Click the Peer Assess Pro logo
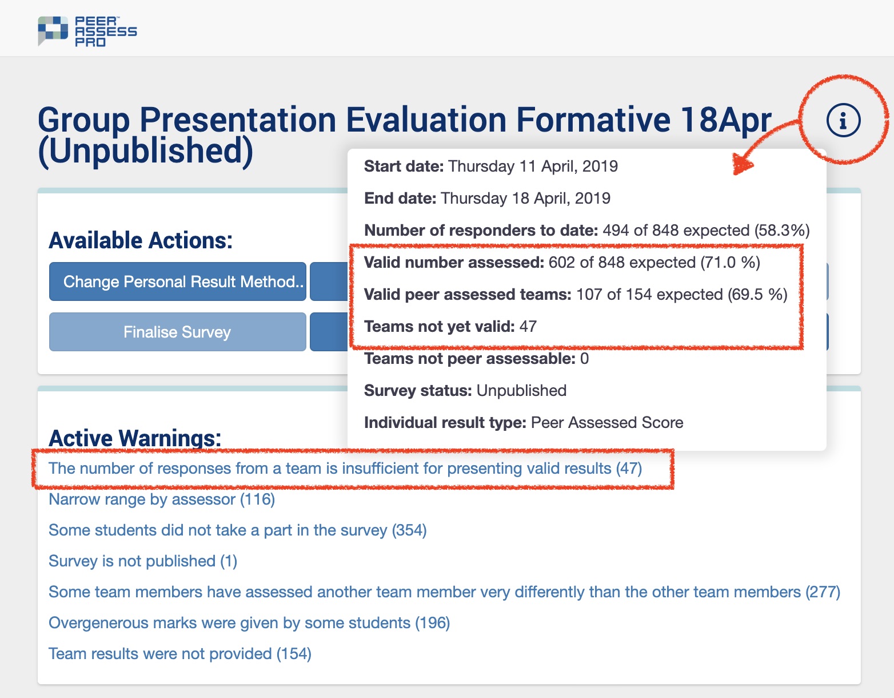(87, 31)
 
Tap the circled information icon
(843, 120)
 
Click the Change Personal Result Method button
(177, 281)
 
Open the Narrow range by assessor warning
(162, 499)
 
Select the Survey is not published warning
(143, 561)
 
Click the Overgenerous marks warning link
(249, 622)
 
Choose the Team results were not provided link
(180, 653)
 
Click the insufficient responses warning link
(345, 468)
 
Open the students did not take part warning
(237, 530)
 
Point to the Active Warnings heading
(135, 437)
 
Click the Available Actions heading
(141, 240)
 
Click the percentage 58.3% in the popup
(782, 230)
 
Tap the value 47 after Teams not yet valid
(528, 327)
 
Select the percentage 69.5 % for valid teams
(757, 295)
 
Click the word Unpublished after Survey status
(521, 390)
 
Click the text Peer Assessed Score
(607, 422)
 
